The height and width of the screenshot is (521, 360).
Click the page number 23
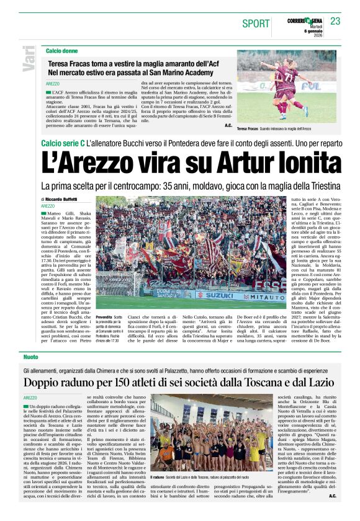(x=336, y=21)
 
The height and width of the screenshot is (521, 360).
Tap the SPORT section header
(x=256, y=24)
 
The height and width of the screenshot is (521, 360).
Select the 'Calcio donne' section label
(x=61, y=50)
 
